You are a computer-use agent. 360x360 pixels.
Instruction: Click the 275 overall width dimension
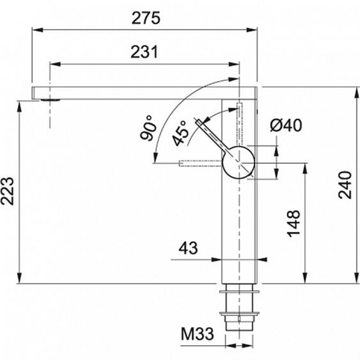pyautogui.click(x=146, y=18)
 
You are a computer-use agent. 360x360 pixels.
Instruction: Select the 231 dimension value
pyautogui.click(x=144, y=52)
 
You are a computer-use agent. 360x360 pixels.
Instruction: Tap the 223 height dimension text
pyautogui.click(x=7, y=191)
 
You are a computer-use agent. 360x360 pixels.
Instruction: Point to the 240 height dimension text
pyautogui.click(x=345, y=185)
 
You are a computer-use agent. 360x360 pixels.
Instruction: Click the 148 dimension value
pyautogui.click(x=294, y=223)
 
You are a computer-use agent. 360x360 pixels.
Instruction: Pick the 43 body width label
pyautogui.click(x=188, y=248)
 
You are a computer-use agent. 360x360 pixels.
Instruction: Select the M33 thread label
pyautogui.click(x=198, y=334)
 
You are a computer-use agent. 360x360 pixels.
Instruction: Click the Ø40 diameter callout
pyautogui.click(x=286, y=126)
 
